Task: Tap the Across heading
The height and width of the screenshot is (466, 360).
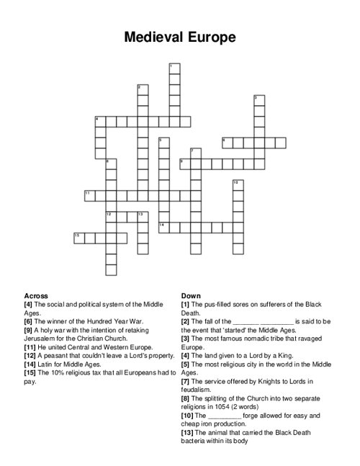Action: tap(36, 296)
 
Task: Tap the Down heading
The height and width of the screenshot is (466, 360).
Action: tap(191, 296)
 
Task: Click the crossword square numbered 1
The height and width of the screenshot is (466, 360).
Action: tap(173, 68)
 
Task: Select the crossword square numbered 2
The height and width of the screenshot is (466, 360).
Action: tap(141, 89)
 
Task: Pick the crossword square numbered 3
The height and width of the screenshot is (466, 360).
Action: tap(258, 99)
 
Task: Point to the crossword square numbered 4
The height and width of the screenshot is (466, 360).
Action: tap(99, 120)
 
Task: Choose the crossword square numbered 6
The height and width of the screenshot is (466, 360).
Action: tap(226, 142)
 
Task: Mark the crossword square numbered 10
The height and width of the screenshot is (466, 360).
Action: tap(236, 184)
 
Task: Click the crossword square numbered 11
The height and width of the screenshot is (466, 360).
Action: tap(89, 195)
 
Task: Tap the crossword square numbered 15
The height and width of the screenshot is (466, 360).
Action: tap(78, 237)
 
